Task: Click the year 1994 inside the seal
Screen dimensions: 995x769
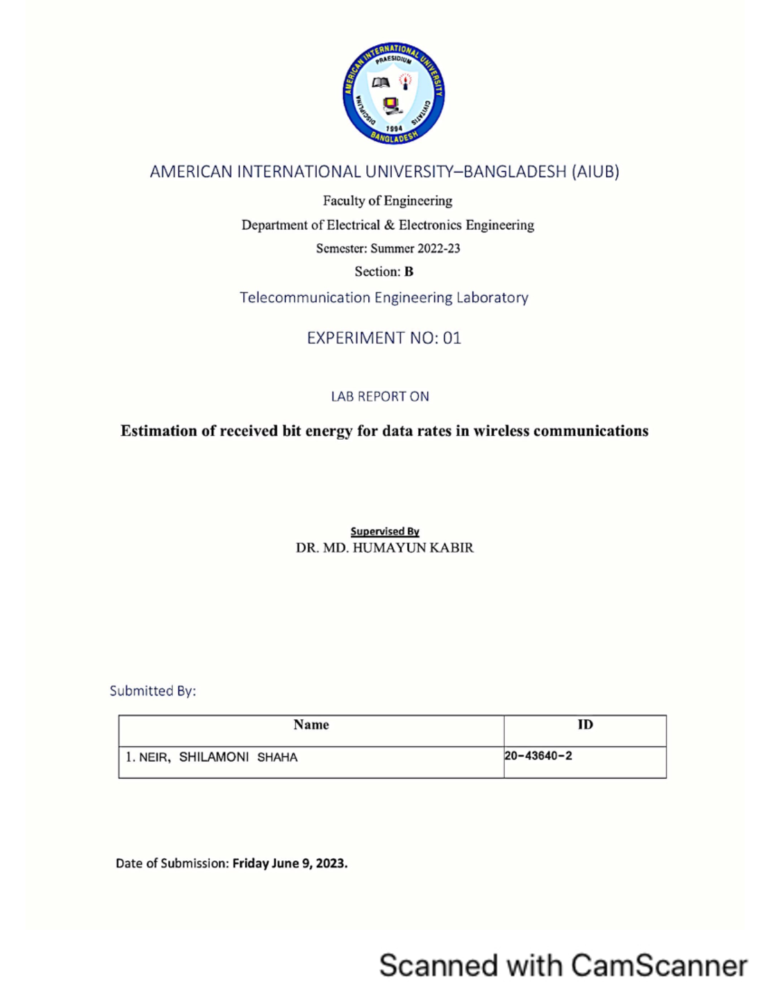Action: pos(394,128)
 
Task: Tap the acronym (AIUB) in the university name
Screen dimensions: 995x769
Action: pos(595,172)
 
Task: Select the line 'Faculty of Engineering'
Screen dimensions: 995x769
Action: pos(387,201)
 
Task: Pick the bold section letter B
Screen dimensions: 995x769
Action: pos(409,272)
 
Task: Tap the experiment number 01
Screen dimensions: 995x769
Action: pos(452,338)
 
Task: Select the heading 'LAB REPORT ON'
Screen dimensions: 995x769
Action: pos(380,397)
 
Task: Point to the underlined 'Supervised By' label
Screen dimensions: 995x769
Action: pos(384,531)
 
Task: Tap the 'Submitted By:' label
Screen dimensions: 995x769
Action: pos(153,691)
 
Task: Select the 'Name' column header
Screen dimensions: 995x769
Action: pos(311,725)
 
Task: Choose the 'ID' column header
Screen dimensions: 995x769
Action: pos(585,725)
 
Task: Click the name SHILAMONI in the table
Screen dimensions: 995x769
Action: pos(213,757)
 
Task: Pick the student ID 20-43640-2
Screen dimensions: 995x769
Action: pos(538,756)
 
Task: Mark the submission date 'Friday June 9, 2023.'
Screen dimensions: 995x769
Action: pos(290,863)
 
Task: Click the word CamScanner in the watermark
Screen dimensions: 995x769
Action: pos(659,966)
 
